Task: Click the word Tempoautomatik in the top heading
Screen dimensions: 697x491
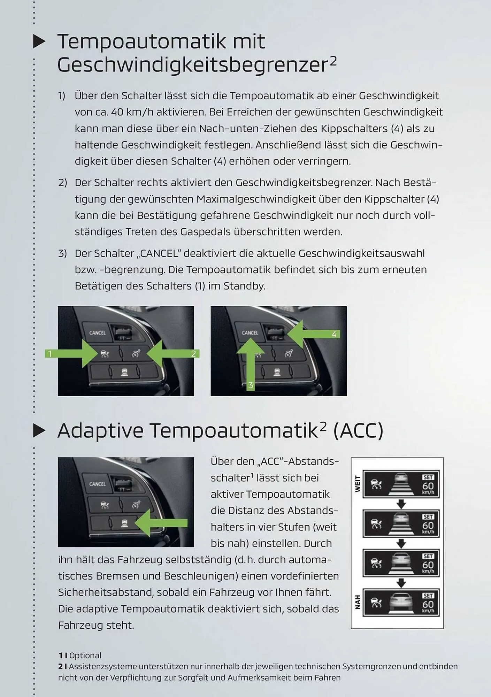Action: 141,42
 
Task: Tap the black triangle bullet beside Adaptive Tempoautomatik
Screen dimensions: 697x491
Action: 39,431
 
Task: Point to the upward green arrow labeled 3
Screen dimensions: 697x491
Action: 250,362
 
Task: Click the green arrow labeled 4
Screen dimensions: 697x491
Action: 310,334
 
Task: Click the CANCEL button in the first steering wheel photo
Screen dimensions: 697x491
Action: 97,333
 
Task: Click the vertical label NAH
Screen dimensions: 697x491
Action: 357,602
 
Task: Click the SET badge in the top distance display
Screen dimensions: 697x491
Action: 428,477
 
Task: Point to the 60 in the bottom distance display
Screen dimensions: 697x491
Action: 428,604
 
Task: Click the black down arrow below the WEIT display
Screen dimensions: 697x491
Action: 401,504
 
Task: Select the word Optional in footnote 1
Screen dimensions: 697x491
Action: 85,656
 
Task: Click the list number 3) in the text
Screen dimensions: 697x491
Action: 62,253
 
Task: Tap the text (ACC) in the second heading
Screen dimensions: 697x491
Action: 358,431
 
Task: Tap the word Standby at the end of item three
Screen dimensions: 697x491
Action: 244,286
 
